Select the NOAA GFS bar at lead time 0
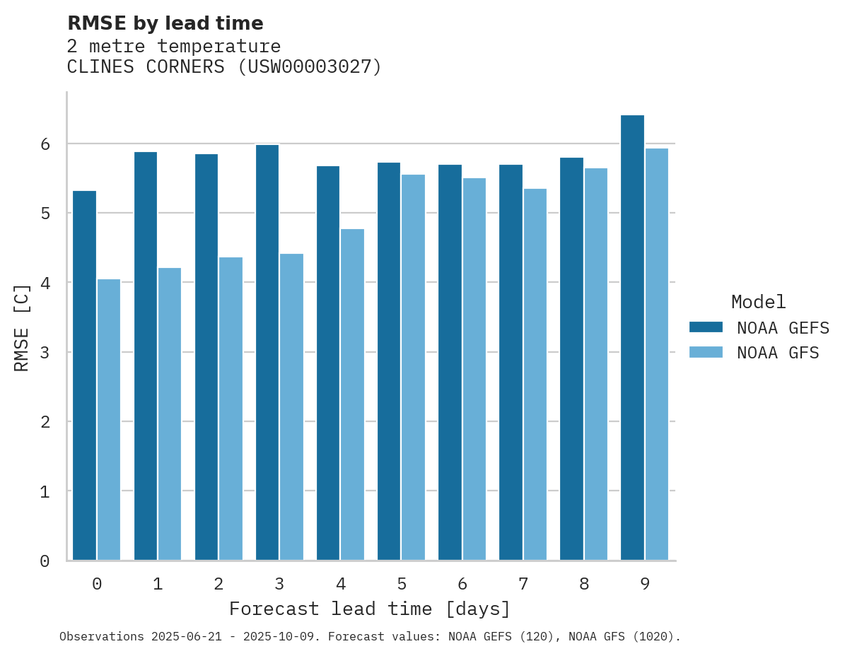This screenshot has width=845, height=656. [x=109, y=420]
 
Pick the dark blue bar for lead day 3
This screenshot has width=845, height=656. [x=267, y=353]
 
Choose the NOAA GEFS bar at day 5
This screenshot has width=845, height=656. [x=389, y=361]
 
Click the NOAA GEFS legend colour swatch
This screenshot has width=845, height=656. [x=706, y=327]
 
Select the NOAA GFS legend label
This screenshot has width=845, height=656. [x=778, y=353]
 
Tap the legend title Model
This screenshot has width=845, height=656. [x=758, y=303]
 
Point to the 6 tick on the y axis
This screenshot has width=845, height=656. [x=45, y=144]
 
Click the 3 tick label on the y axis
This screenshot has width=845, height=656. [x=45, y=352]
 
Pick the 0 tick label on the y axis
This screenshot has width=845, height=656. [x=45, y=561]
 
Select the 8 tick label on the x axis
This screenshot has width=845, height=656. [x=583, y=584]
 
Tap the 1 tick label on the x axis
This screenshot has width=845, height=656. [x=158, y=584]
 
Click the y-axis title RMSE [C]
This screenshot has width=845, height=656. [x=22, y=327]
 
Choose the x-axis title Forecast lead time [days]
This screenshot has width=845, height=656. [x=369, y=609]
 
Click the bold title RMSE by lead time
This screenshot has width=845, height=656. [x=165, y=23]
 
